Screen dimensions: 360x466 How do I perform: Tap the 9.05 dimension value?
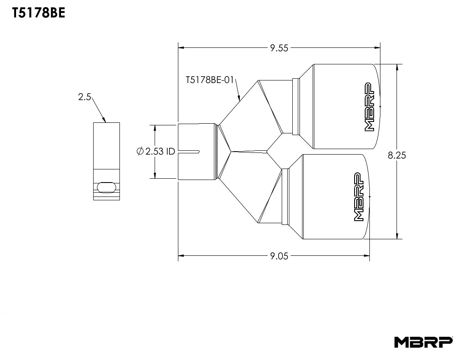click(279, 255)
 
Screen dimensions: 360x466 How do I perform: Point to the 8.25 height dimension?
click(397, 155)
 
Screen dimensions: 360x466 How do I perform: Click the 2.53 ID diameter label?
click(160, 152)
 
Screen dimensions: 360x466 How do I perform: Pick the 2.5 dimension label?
click(84, 97)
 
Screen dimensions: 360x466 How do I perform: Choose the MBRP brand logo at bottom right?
click(423, 342)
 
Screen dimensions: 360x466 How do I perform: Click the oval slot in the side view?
click(106, 187)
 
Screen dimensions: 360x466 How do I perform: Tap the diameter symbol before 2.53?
click(140, 152)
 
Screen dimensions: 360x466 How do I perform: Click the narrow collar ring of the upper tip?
click(296, 106)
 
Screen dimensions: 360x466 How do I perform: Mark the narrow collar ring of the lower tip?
click(285, 196)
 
